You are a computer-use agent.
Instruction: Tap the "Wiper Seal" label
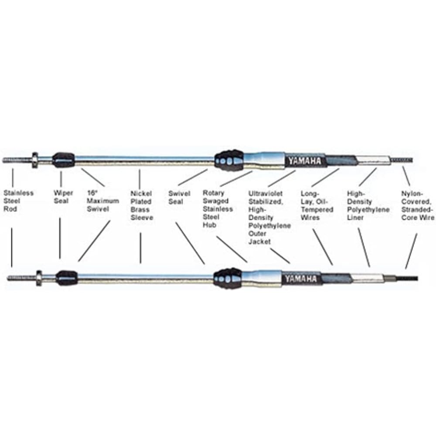(61, 197)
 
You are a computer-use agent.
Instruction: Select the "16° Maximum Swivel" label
(102, 201)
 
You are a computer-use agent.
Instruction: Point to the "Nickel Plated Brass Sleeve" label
(142, 205)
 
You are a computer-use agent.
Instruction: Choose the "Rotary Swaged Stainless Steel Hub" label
(218, 209)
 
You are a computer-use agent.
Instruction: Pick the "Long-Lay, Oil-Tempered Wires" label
(317, 205)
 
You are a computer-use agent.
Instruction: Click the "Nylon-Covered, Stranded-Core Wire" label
(418, 205)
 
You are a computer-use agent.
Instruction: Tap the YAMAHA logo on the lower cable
(301, 278)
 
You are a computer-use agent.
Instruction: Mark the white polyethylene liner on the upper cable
(373, 160)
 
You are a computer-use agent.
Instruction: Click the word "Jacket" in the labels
(259, 241)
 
